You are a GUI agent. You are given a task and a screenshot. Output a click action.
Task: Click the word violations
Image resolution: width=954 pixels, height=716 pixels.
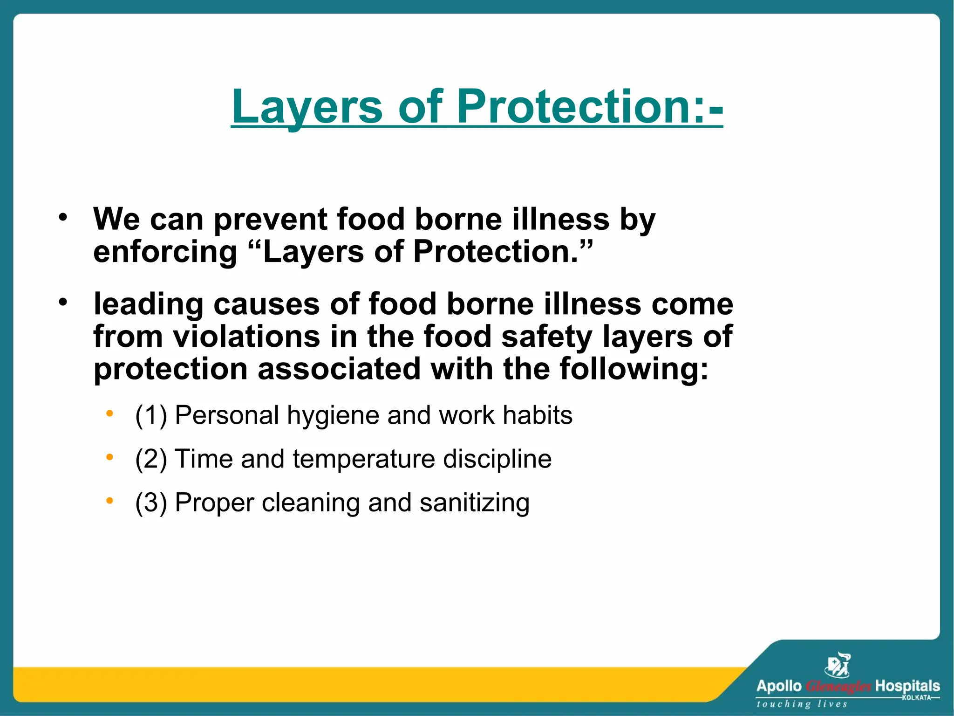click(246, 337)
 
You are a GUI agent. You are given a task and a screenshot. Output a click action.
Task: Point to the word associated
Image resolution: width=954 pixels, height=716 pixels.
click(339, 369)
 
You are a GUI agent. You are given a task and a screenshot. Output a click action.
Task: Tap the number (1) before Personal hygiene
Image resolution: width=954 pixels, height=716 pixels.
click(150, 415)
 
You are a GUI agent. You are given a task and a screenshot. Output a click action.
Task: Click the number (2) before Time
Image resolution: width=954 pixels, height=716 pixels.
click(150, 459)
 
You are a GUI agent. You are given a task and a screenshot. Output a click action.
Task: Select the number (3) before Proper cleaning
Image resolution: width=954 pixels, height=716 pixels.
click(150, 503)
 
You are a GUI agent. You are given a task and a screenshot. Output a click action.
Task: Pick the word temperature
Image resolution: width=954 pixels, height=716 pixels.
click(363, 459)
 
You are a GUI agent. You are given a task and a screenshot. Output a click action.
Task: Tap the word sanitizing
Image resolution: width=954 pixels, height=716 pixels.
click(474, 503)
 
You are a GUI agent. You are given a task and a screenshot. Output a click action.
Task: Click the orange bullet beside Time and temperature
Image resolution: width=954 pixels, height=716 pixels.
click(109, 457)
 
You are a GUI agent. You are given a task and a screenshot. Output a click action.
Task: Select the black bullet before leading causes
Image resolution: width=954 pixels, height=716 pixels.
click(63, 302)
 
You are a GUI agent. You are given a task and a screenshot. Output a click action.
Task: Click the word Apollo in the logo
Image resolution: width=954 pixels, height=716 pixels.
click(778, 686)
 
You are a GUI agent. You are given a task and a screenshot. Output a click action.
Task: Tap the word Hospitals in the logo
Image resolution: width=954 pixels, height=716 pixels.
click(907, 686)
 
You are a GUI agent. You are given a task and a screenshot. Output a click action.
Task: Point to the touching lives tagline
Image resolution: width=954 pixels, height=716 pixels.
click(801, 704)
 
